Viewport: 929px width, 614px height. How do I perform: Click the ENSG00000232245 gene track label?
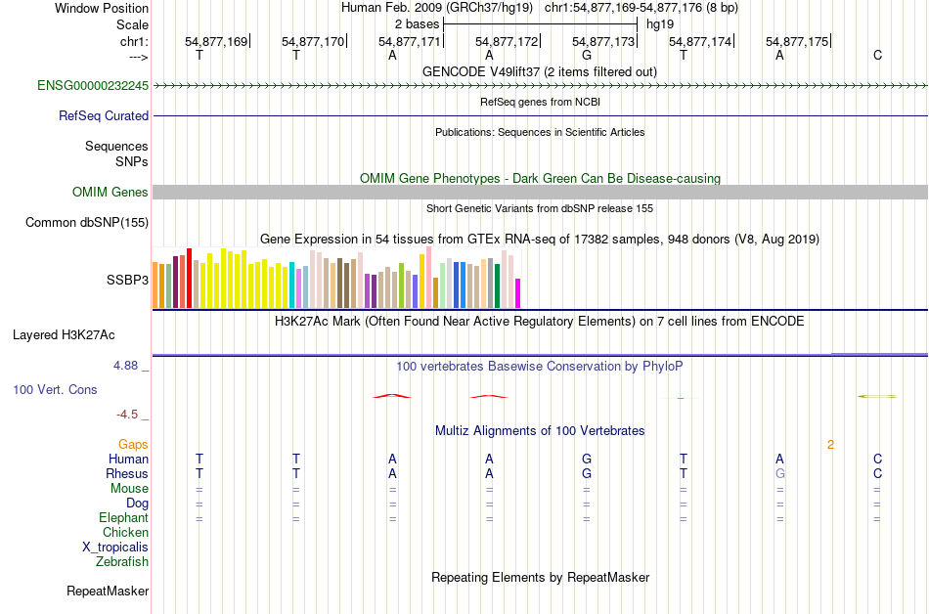[x=93, y=86]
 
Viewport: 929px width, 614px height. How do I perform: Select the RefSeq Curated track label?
[x=104, y=115]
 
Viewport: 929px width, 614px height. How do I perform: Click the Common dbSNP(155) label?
[x=86, y=223]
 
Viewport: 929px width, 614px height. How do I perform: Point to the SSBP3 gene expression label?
[x=127, y=280]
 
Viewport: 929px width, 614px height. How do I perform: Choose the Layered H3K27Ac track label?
[x=64, y=335]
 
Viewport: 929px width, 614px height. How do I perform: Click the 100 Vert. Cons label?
[x=56, y=390]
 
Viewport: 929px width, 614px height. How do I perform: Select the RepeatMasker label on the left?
[x=108, y=592]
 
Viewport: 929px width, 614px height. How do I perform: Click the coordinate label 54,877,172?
[x=507, y=42]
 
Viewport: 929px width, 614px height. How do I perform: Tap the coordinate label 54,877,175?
[x=797, y=42]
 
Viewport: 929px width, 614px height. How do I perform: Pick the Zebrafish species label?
[x=122, y=562]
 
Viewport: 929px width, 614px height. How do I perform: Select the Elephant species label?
[x=123, y=518]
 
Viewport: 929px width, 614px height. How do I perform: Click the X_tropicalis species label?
[x=115, y=548]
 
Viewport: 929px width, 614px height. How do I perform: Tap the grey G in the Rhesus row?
[x=779, y=474]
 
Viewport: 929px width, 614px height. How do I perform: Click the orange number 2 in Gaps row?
[x=830, y=445]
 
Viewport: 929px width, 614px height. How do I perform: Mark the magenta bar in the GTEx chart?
[x=518, y=293]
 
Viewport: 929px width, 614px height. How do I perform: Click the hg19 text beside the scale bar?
[x=659, y=23]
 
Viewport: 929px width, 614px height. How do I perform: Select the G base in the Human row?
[x=586, y=459]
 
